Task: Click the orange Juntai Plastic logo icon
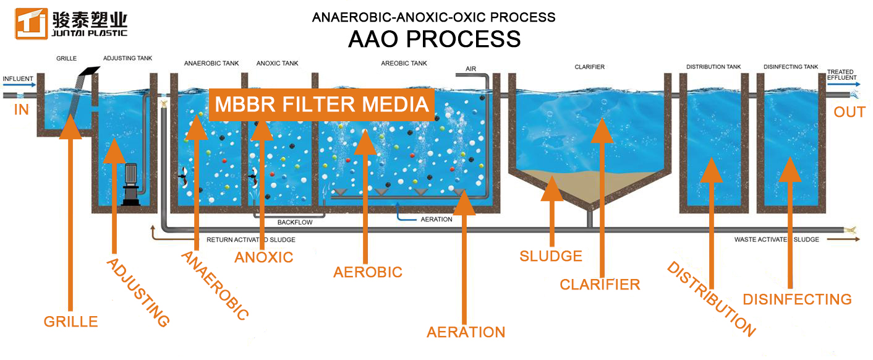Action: coord(32,24)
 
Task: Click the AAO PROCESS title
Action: coord(434,39)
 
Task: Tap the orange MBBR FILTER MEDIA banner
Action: coord(322,105)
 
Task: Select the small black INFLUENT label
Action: coord(18,79)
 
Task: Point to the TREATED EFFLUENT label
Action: coord(842,75)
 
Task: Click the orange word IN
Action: coord(22,110)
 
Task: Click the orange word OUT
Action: coord(850,113)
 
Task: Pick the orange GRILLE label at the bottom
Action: coord(70,322)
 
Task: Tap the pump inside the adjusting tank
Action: coord(130,184)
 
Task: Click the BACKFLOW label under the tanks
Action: coord(295,222)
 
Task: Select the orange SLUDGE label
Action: coord(551,256)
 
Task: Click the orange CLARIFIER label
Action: coord(600,285)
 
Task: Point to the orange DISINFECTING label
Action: coord(797,299)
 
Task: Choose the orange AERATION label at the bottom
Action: coord(466,332)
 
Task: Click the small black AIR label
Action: coord(471,69)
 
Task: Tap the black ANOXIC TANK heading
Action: coord(277,63)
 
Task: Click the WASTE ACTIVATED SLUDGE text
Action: coord(777,239)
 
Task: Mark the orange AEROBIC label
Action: coord(367,272)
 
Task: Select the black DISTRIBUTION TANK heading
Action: coord(713,67)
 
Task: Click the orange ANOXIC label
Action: coord(264,257)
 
